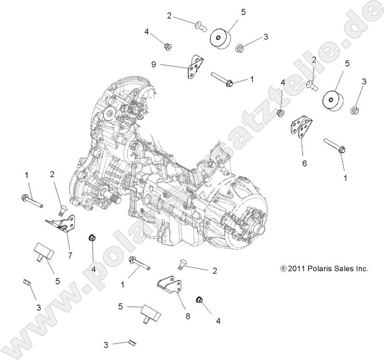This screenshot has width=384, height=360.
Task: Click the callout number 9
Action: [x=154, y=64]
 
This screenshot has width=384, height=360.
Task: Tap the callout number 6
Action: [x=304, y=162]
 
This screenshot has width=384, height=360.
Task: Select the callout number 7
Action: [x=70, y=255]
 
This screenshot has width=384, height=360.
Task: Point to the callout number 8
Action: [x=188, y=317]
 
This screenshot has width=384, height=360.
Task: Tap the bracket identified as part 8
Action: [x=171, y=288]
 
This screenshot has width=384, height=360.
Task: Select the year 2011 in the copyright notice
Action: [x=295, y=269]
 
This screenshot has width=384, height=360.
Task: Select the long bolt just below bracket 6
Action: [x=336, y=145]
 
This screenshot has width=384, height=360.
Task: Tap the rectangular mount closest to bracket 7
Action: [x=43, y=252]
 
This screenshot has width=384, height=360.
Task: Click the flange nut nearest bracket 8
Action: [x=199, y=300]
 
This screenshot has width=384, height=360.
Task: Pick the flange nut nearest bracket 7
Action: [x=92, y=239]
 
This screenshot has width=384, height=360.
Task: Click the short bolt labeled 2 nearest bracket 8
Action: [x=180, y=266]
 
